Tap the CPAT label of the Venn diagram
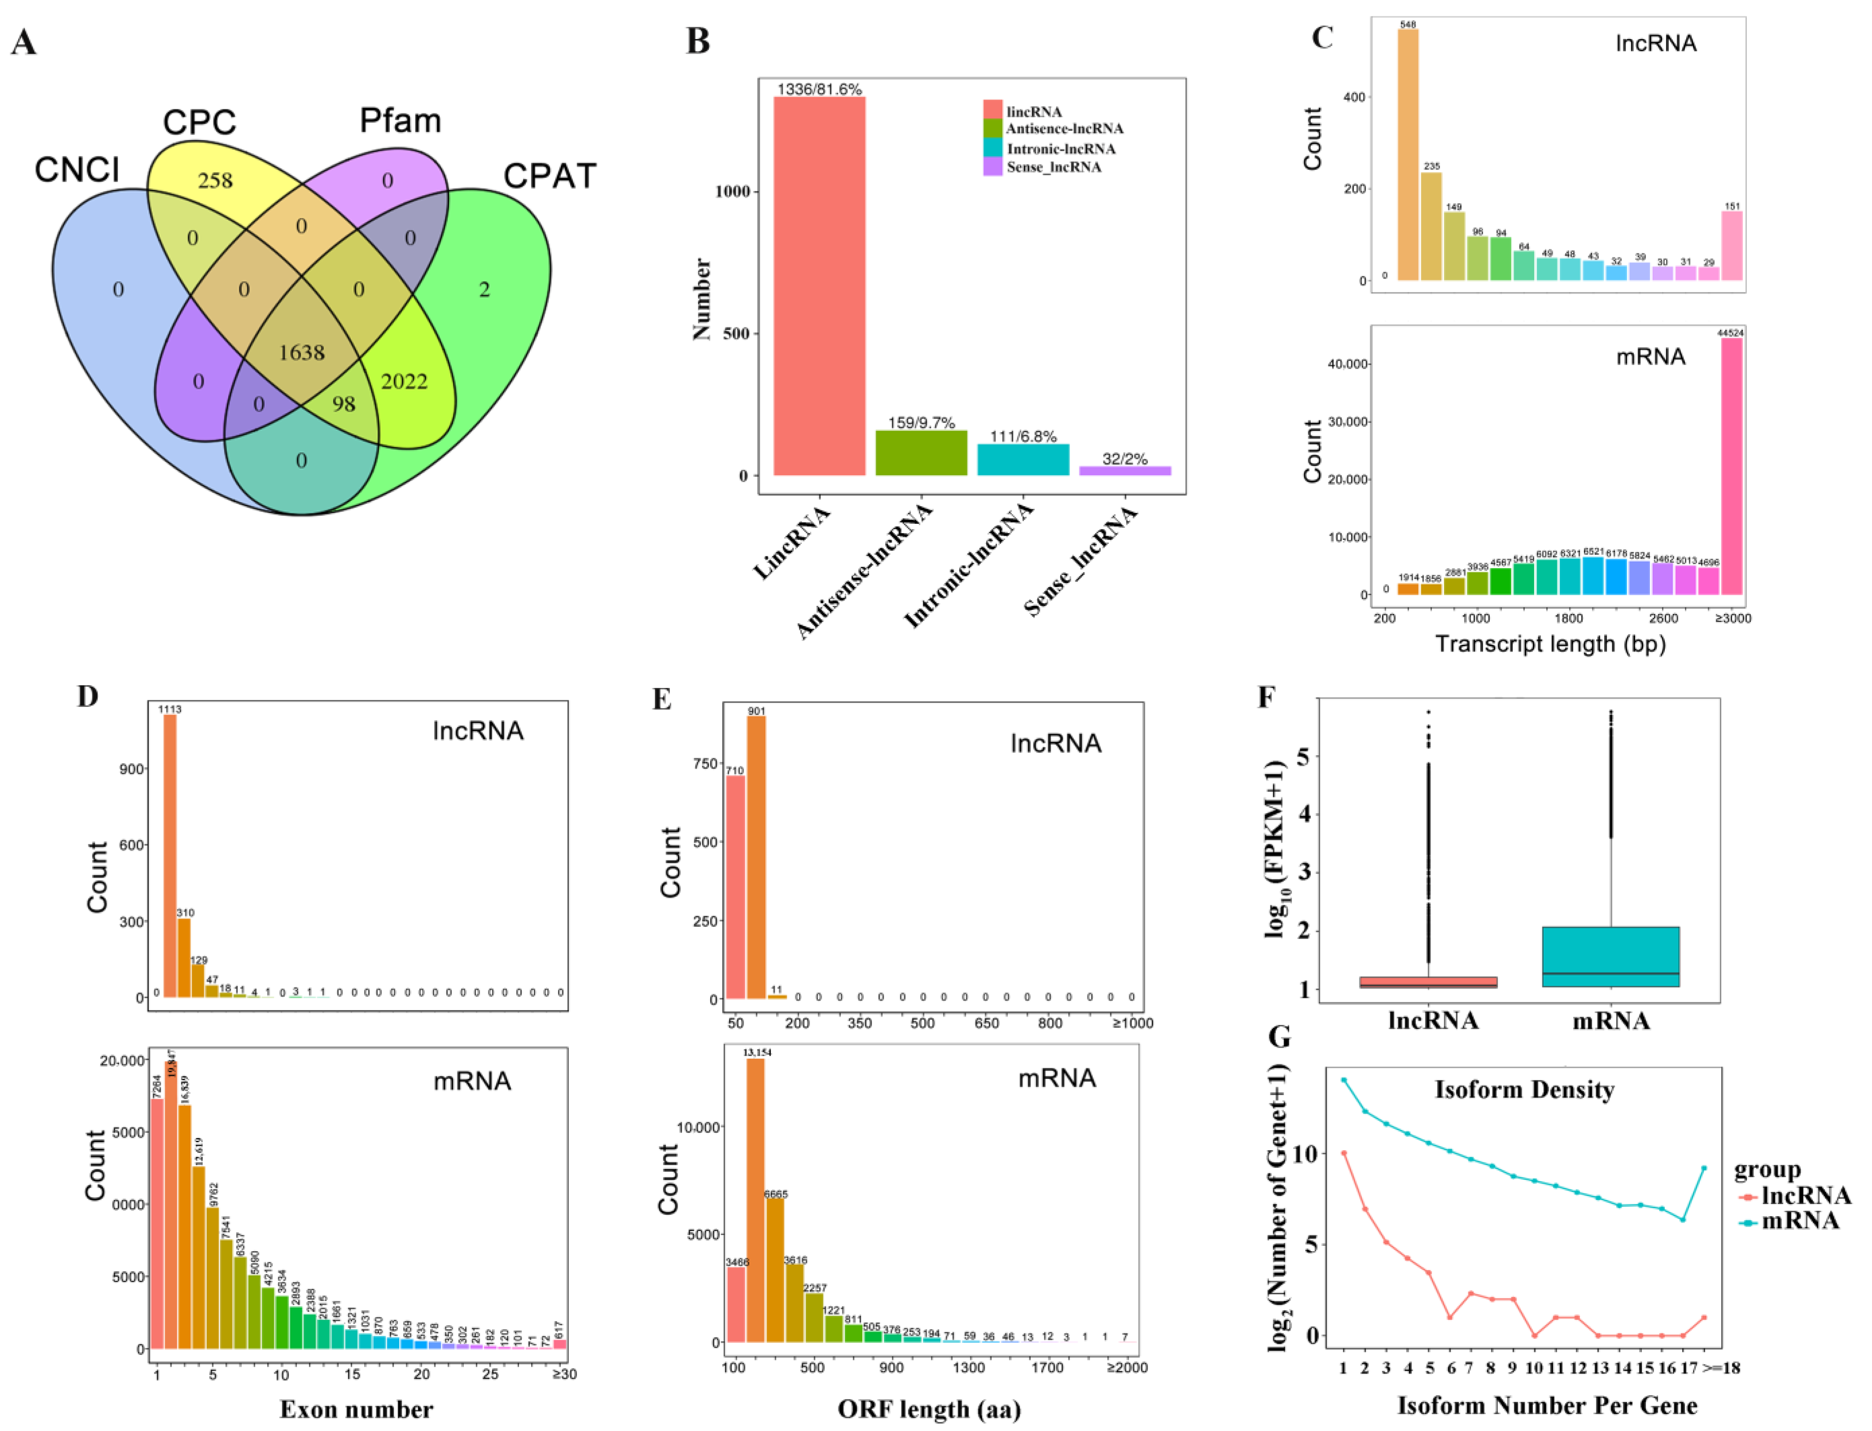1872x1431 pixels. point(550,176)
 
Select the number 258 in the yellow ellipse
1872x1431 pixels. point(215,181)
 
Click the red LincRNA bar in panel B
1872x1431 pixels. point(819,285)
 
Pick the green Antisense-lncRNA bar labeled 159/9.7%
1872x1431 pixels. point(921,452)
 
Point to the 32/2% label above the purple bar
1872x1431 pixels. point(1125,459)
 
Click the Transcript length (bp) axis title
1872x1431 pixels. point(1550,644)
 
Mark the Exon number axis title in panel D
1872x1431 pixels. point(356,1410)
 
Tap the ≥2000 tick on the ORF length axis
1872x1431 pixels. point(1126,1368)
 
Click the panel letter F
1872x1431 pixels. point(1267,697)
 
